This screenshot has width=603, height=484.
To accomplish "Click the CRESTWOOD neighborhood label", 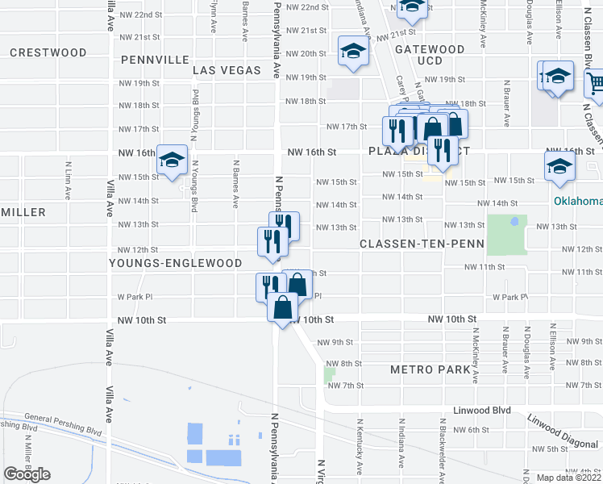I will (48, 52).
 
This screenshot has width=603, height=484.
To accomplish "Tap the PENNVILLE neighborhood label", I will (155, 60).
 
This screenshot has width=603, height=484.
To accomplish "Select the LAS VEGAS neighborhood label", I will (227, 70).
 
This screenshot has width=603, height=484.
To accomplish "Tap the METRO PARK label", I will (429, 369).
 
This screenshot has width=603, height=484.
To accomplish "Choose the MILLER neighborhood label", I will (23, 211).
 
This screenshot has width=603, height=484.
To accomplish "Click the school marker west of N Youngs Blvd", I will (172, 161).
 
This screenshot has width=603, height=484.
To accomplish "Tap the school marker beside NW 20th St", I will (352, 52).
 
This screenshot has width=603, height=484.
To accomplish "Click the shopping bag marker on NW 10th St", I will (282, 308).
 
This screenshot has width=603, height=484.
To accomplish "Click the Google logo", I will (27, 474).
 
